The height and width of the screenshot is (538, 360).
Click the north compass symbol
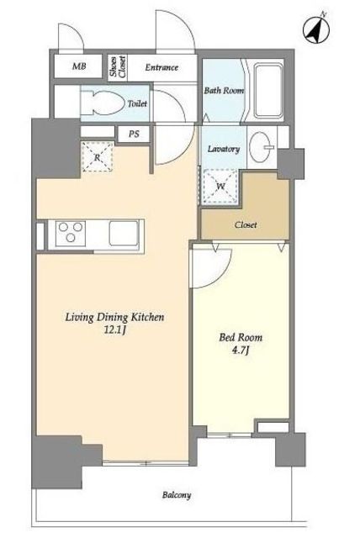[316, 29]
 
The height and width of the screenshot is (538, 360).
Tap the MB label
[79, 66]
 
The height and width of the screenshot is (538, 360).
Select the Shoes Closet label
[118, 67]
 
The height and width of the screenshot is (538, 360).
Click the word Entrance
[161, 67]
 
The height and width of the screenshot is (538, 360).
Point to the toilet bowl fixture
[103, 103]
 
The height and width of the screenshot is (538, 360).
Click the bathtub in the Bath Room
[268, 90]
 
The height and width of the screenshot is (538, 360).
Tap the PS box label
[134, 134]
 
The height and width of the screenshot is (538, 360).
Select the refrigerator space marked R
[98, 157]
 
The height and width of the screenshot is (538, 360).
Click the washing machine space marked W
[220, 187]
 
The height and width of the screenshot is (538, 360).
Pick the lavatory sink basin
[259, 147]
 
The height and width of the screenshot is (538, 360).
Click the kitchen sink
[123, 233]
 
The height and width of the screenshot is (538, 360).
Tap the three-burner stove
[71, 233]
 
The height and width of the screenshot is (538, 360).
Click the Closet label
[246, 225]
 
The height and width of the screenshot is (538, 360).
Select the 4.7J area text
[240, 351]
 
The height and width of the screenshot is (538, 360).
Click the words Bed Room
[241, 337]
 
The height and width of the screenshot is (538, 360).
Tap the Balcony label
[177, 495]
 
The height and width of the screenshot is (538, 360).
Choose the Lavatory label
[224, 149]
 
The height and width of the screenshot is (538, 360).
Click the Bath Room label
[224, 91]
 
